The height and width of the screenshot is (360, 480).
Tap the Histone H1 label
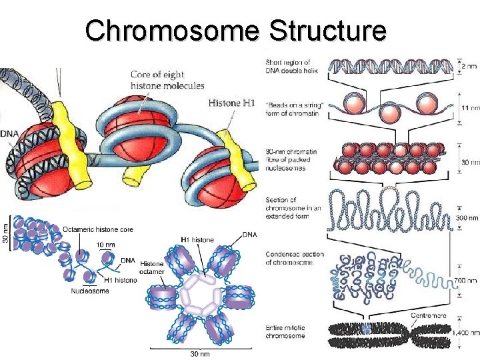(231, 103)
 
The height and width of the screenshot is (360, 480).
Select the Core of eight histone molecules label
(167, 80)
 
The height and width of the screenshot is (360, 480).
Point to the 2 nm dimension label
(469, 67)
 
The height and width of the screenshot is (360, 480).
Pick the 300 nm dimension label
(467, 218)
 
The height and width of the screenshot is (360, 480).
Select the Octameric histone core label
(97, 229)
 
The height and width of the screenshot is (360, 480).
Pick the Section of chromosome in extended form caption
(294, 208)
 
